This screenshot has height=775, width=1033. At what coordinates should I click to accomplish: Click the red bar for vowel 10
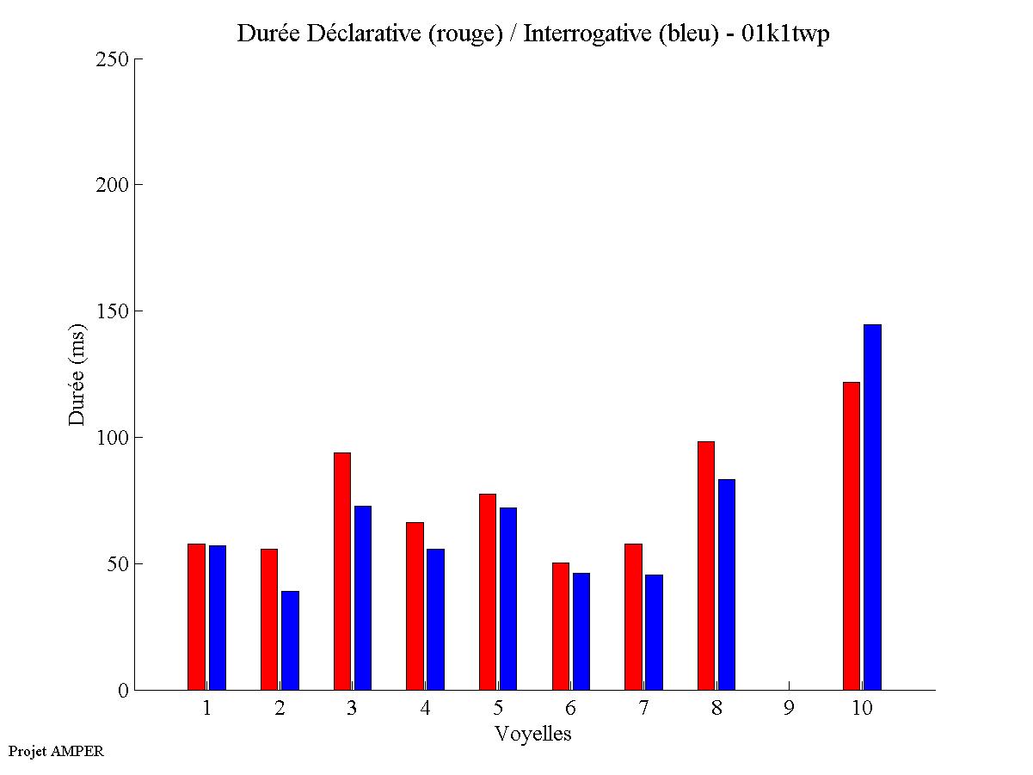click(851, 536)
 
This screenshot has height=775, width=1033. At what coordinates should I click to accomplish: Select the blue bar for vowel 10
click(872, 507)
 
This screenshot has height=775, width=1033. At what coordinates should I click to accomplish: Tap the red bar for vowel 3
click(341, 571)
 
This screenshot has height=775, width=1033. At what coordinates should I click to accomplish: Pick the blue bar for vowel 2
click(290, 641)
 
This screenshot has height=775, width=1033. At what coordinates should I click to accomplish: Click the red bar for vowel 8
click(705, 565)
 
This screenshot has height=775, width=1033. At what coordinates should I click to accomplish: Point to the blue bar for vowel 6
click(581, 631)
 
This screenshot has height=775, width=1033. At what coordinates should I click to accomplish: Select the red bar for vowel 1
click(196, 617)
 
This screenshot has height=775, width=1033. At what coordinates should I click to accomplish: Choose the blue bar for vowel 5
click(508, 599)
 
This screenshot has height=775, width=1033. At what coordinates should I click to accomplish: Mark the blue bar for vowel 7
click(654, 632)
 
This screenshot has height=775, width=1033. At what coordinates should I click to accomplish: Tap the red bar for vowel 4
click(415, 606)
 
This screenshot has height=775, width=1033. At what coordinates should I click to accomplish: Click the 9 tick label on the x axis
click(789, 709)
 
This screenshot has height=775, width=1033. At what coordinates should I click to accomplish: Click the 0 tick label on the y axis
click(123, 691)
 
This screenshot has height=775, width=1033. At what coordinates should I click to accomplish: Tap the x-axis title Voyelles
click(532, 734)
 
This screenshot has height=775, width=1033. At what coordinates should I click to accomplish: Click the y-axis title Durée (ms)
click(77, 373)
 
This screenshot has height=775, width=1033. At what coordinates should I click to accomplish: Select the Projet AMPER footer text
click(56, 752)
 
